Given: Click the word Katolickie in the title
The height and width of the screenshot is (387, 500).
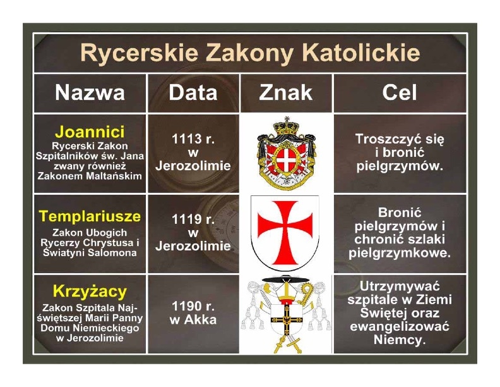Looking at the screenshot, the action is (x=361, y=52).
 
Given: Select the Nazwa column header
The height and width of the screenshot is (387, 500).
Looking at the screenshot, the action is (x=90, y=92).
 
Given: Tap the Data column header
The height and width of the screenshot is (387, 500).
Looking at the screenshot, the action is (x=193, y=92).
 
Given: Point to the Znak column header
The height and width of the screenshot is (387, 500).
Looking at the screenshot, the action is (x=286, y=92).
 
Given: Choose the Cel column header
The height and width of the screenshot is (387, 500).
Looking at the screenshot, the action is (x=400, y=92).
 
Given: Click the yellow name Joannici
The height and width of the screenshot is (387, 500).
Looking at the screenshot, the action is (x=90, y=132).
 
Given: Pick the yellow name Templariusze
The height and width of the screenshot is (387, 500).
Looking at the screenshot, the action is (x=90, y=216).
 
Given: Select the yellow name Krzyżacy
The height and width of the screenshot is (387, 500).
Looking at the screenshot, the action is (x=90, y=292).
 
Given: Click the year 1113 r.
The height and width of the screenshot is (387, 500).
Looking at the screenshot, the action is (x=193, y=139).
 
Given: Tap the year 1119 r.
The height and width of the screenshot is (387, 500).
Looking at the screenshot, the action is (x=193, y=219).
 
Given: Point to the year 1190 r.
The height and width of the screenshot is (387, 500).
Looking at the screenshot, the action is (x=193, y=306).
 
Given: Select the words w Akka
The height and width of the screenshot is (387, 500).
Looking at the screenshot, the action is (x=193, y=319).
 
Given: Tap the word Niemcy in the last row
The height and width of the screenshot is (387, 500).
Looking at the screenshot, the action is (x=400, y=340).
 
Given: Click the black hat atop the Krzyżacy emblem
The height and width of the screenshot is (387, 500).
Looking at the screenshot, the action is (x=286, y=279).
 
